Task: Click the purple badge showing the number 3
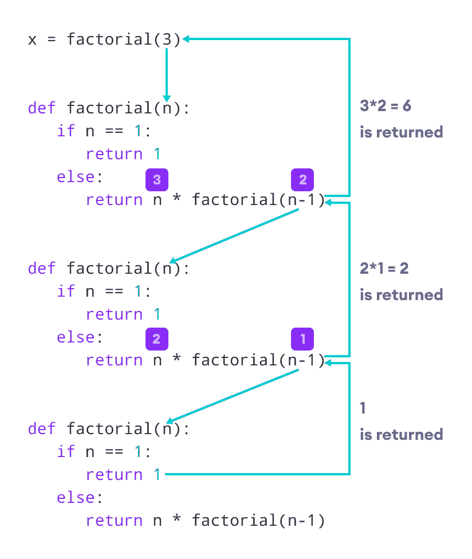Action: tap(156, 180)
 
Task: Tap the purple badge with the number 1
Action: tap(302, 338)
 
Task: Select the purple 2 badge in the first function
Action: tap(302, 180)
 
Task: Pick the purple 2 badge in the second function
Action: tap(156, 338)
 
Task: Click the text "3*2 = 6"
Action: tap(385, 106)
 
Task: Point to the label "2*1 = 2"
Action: tap(384, 268)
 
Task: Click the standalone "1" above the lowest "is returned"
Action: tap(363, 408)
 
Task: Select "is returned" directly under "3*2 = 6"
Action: tap(401, 132)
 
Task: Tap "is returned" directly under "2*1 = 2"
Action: tap(401, 294)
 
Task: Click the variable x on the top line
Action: tap(33, 40)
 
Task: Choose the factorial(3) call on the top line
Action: tap(123, 40)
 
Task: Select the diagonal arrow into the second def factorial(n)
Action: tap(235, 235)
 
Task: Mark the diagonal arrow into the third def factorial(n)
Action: tap(235, 396)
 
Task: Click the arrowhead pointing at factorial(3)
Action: tap(187, 39)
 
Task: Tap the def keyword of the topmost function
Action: tap(42, 108)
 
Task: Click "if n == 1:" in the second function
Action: tap(104, 291)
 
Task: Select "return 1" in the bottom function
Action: tap(123, 474)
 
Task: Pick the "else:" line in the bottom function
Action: tap(80, 497)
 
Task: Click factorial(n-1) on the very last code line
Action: tap(258, 520)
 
